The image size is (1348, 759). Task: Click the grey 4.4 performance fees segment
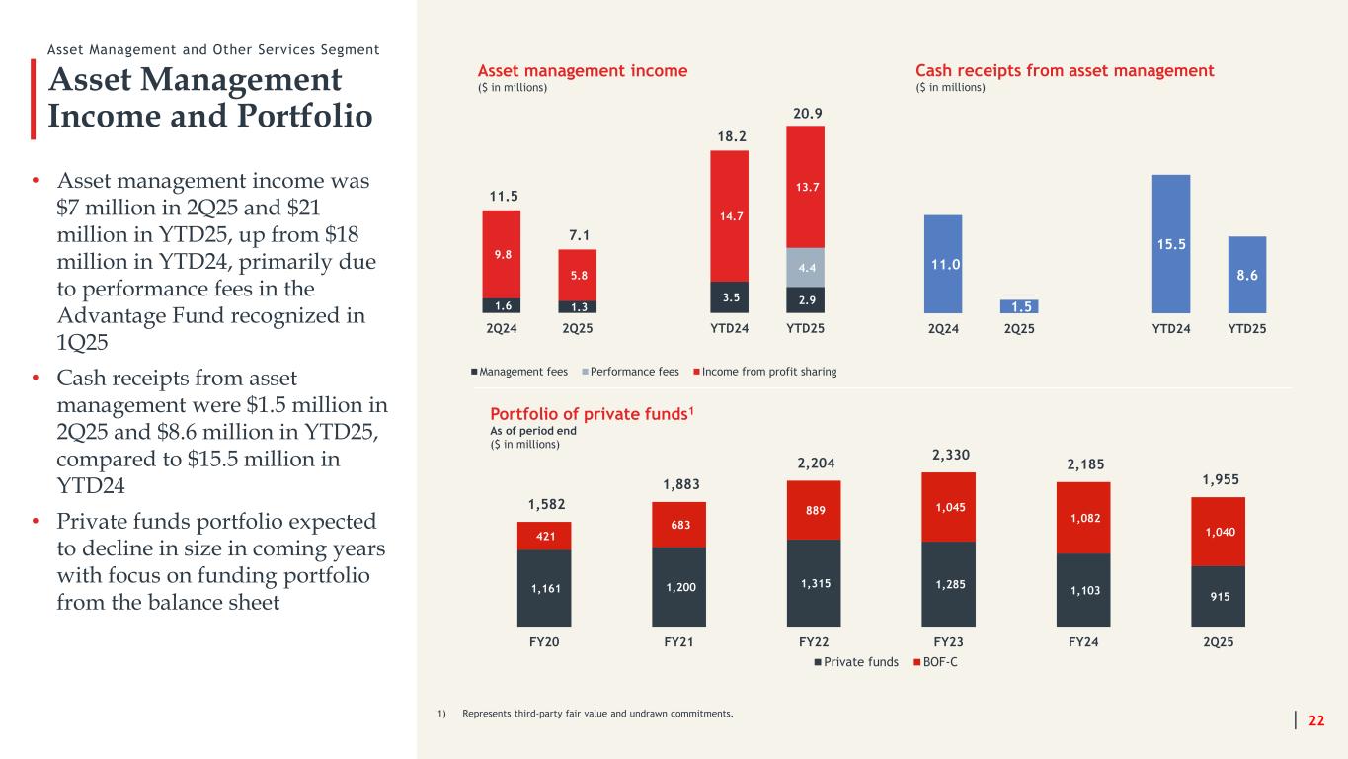click(x=805, y=267)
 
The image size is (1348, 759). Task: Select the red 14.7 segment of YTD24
click(x=729, y=215)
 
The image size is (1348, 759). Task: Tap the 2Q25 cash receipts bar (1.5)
click(x=1019, y=306)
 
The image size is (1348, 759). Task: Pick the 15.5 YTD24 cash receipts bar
click(x=1170, y=243)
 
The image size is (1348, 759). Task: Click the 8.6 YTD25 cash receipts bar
click(x=1247, y=275)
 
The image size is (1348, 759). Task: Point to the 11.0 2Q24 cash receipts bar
click(x=943, y=264)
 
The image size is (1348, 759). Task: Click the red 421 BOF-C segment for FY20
click(x=543, y=536)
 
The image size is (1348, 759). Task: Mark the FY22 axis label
click(x=813, y=641)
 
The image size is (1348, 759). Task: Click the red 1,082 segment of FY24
click(x=1083, y=518)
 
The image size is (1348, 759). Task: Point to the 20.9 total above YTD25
click(x=807, y=114)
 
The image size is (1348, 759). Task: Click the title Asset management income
click(x=583, y=71)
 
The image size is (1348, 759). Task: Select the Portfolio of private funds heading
click(x=588, y=414)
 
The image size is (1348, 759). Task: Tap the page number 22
click(x=1316, y=720)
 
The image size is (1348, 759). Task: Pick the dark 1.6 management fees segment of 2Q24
click(x=502, y=305)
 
